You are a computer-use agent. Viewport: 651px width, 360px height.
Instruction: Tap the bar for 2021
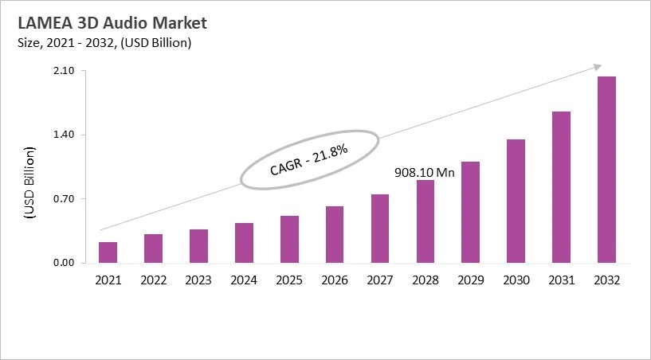[108, 252]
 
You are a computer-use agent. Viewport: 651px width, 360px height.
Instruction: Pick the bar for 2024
[244, 243]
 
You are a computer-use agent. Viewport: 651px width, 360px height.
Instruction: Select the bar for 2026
[335, 234]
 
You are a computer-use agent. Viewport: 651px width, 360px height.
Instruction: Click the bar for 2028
[426, 221]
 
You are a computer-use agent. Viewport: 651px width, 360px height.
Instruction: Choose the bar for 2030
[516, 201]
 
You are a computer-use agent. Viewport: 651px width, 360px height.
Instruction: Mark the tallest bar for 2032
[607, 170]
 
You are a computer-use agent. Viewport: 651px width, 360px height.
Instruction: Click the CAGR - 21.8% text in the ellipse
[308, 160]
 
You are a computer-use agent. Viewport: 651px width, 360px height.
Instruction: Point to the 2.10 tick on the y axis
[64, 71]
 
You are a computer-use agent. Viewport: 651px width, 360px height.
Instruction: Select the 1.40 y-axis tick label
[64, 135]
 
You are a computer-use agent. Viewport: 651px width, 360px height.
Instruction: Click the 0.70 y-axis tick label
[64, 199]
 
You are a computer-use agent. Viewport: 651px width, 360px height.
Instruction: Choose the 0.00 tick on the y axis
[64, 263]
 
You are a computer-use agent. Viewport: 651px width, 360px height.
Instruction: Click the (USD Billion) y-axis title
[29, 182]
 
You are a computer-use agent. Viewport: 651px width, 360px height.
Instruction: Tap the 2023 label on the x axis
[198, 280]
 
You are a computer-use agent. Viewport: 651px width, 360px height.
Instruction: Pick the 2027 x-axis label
[380, 280]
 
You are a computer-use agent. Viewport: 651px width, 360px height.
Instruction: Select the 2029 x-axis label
[471, 280]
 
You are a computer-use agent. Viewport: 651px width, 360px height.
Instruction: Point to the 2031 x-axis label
[562, 280]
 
